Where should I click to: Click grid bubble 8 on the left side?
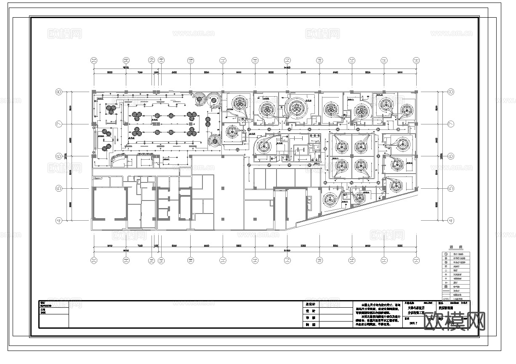tap(59, 92)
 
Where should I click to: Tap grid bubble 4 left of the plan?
tap(59, 220)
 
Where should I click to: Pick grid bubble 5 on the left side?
tap(59, 188)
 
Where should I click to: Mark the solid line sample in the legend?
tap(446, 290)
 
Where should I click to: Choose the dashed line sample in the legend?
tap(446, 295)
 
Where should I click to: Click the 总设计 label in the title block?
tap(311, 304)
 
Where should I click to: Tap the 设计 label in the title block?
tap(311, 311)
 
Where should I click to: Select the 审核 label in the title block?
tap(311, 318)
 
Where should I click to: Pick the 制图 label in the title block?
tap(311, 324)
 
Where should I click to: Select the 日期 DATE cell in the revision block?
tap(44, 311)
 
